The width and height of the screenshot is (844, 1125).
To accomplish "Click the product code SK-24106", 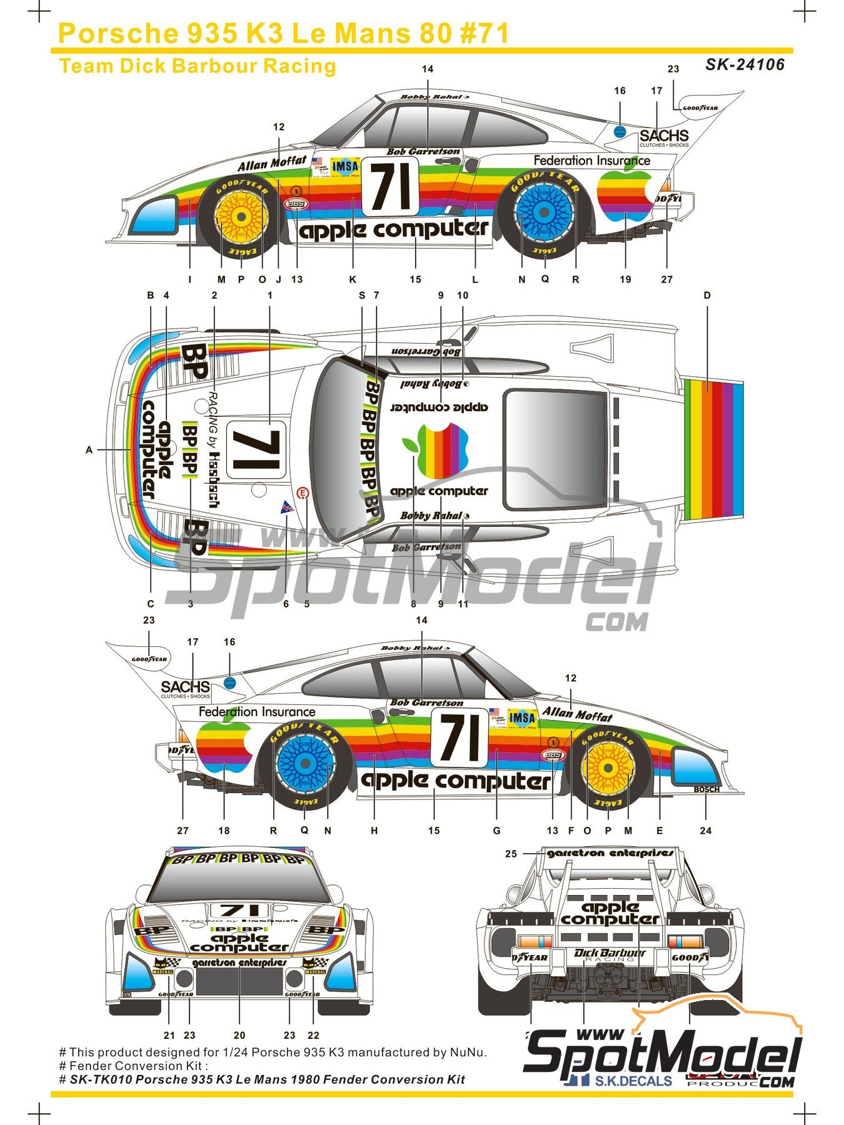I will coord(745,64).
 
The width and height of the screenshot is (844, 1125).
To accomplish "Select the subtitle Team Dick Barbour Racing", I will coord(197,66).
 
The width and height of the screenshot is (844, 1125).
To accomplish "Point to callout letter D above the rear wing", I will coord(707,295).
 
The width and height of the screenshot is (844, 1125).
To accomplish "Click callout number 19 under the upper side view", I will coord(625,279).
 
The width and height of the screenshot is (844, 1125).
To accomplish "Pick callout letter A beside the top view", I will coord(89,449).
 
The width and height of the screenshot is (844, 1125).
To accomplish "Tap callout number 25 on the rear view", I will coord(511,854).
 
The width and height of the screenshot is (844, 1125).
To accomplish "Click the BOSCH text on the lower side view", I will coord(706,789).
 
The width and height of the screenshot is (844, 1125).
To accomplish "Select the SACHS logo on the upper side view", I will coord(663,136).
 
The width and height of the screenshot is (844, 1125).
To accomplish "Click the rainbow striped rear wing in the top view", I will coord(713,449).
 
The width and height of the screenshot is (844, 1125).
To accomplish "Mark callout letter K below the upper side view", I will coord(353,279).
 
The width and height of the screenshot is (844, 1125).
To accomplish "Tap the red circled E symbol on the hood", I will coord(303,494).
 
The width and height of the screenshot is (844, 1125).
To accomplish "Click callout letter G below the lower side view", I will coord(496,831).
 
